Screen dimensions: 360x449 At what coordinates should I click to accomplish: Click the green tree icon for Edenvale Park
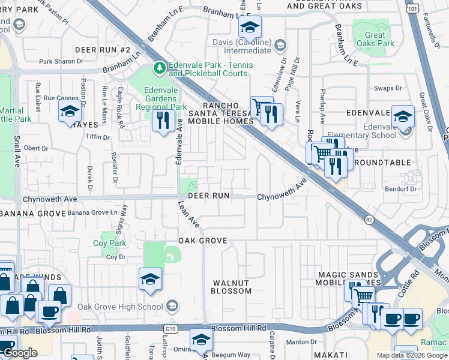click(160, 68)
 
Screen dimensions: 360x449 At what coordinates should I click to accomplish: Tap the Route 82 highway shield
click(369, 220)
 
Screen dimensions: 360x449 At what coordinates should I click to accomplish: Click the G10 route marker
click(168, 329)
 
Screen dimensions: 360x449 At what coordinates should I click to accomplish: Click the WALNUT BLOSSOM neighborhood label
click(231, 287)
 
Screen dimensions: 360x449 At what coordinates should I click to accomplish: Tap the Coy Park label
click(109, 243)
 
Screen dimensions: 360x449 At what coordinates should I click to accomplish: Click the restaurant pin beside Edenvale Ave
click(163, 121)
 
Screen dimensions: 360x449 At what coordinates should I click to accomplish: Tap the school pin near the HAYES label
click(70, 111)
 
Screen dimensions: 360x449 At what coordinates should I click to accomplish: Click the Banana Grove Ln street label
click(92, 212)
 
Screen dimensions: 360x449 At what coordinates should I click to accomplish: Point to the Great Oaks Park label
click(375, 40)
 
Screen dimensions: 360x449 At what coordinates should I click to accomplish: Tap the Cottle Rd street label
click(414, 283)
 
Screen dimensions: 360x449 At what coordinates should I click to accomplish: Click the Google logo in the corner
click(20, 353)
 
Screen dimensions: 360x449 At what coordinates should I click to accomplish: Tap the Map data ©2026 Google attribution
click(412, 355)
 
